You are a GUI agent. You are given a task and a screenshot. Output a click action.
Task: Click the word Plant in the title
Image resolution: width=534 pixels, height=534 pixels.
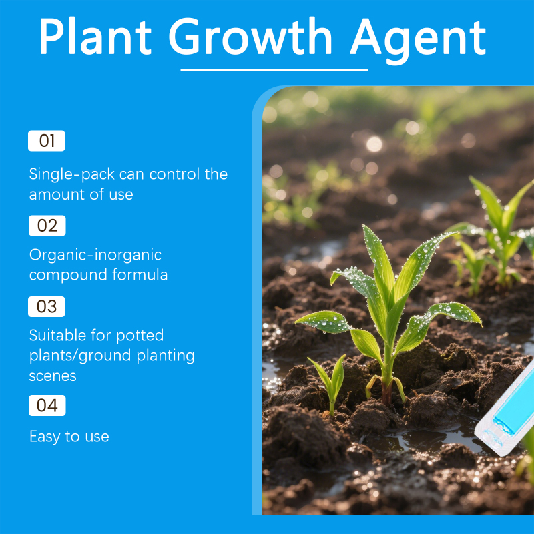tap(95, 36)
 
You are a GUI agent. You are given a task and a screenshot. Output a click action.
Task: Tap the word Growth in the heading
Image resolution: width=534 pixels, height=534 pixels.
tap(250, 36)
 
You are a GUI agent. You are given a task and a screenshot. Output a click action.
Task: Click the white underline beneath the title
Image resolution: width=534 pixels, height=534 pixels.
tap(274, 70)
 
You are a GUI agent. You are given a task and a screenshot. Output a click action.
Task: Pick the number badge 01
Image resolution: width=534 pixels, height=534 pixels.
tap(47, 141)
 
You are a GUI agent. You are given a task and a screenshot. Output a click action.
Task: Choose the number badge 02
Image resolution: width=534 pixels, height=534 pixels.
tap(47, 226)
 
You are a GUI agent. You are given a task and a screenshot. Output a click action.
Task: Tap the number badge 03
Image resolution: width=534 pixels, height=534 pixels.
tap(47, 306)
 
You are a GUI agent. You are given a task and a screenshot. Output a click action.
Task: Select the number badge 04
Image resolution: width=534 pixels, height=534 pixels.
tap(47, 405)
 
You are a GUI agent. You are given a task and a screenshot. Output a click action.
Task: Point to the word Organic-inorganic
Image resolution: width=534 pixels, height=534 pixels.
tap(95, 256)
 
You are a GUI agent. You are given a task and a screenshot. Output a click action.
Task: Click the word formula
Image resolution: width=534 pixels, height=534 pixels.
tap(140, 274)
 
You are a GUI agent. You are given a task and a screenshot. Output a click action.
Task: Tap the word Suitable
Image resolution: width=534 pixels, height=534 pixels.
tap(55, 336)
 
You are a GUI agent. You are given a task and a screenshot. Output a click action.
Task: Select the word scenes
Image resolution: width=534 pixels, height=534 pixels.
tap(53, 376)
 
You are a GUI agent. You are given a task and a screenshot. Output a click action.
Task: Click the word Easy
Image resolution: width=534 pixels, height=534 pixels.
tap(45, 437)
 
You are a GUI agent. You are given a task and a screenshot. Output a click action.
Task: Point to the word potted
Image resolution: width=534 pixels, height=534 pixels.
tap(140, 336)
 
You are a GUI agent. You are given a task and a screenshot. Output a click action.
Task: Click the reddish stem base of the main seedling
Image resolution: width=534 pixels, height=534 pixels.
tap(386, 392)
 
